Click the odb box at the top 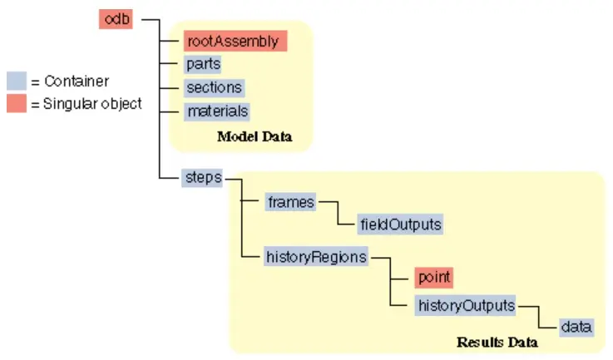pyautogui.click(x=116, y=19)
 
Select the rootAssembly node pyautogui.click(x=235, y=41)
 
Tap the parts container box pyautogui.click(x=203, y=64)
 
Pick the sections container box pyautogui.click(x=214, y=87)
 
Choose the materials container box pyautogui.click(x=216, y=111)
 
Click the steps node pyautogui.click(x=201, y=178)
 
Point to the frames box pyautogui.click(x=290, y=201)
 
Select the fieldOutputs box pyautogui.click(x=399, y=224)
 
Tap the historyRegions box pyautogui.click(x=316, y=257)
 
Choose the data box pyautogui.click(x=575, y=327)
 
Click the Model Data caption pyautogui.click(x=255, y=136)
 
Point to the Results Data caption pyautogui.click(x=497, y=342)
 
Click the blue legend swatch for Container pyautogui.click(x=16, y=81)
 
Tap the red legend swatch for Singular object pyautogui.click(x=16, y=104)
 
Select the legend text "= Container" pyautogui.click(x=70, y=81)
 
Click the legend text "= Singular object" pyautogui.click(x=87, y=104)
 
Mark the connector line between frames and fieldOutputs pyautogui.click(x=336, y=212)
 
